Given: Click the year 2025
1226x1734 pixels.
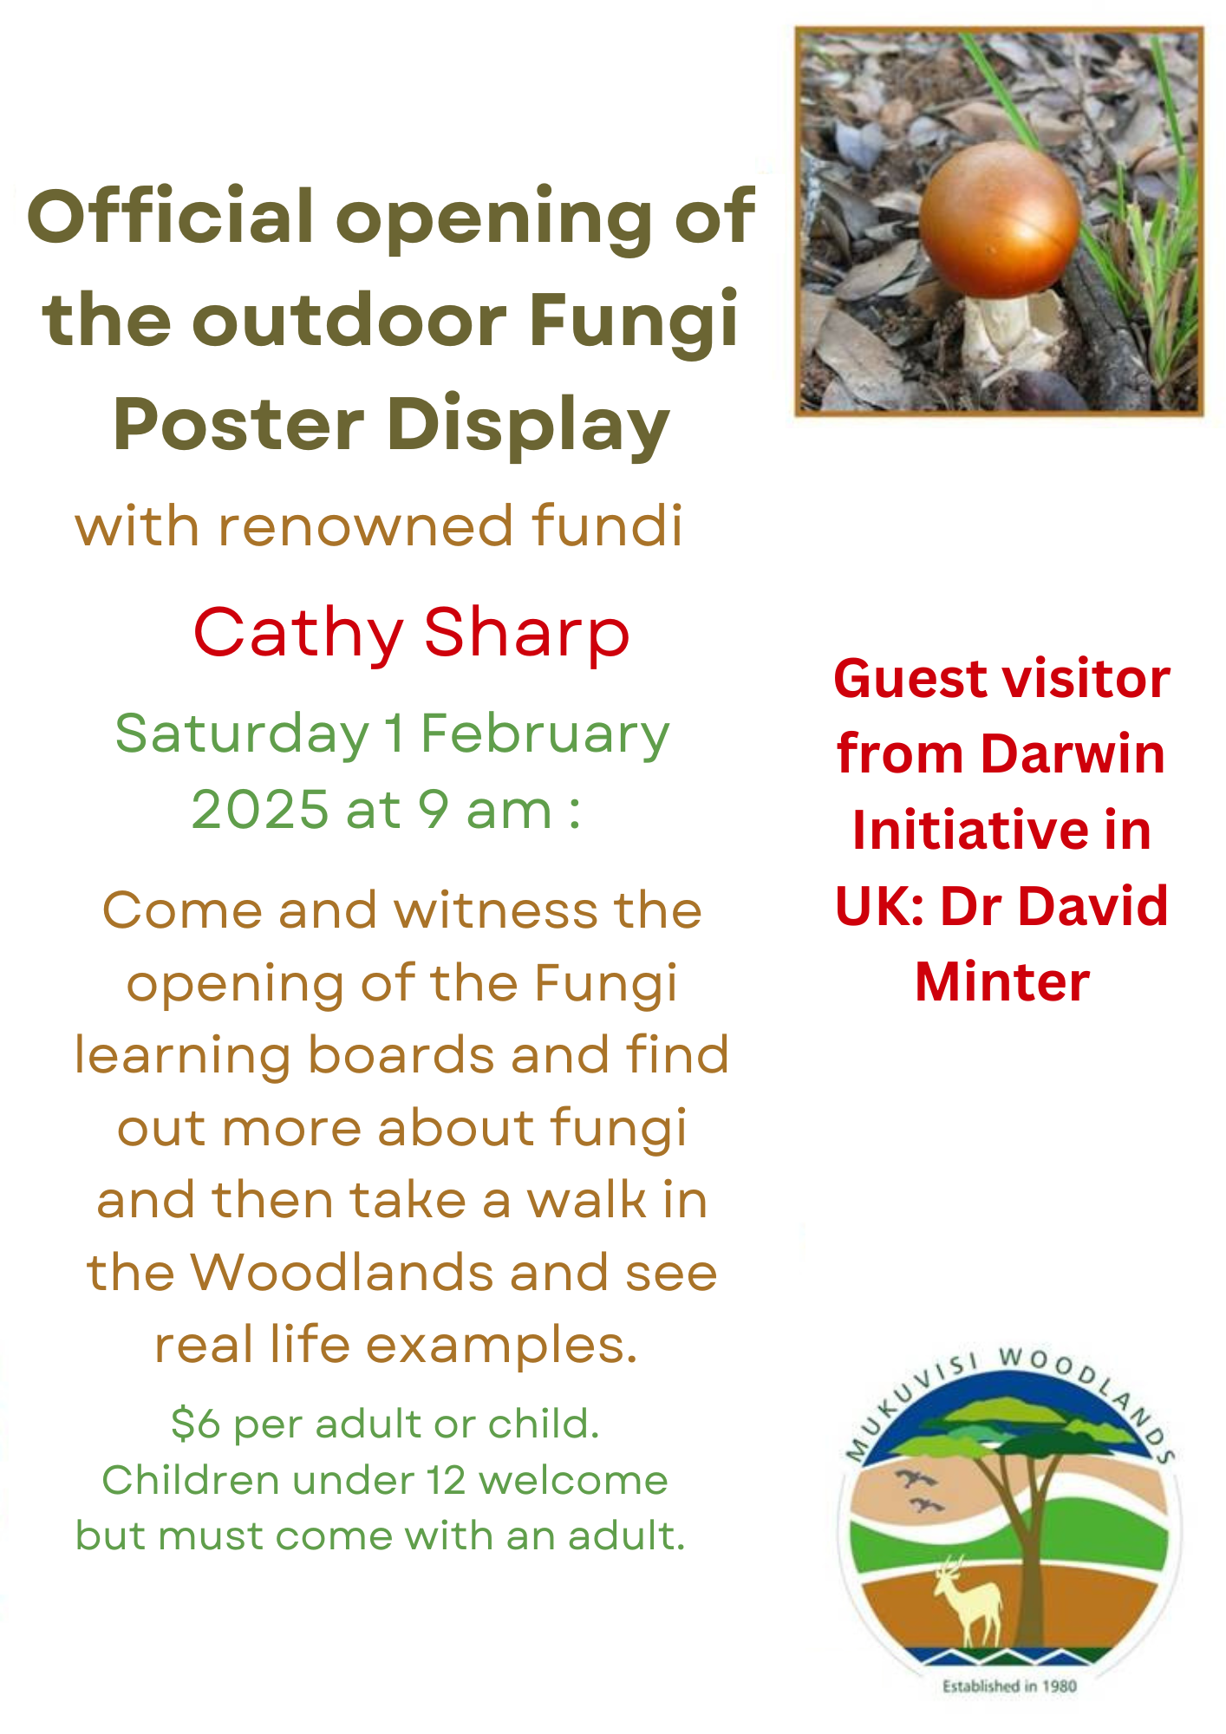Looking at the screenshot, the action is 260,810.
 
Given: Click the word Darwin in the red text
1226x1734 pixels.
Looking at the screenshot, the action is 1073,754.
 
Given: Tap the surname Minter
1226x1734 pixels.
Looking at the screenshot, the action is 1002,982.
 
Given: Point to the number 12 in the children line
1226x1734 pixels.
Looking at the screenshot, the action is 447,1481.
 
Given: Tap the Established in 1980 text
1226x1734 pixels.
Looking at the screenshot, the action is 1010,1686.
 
